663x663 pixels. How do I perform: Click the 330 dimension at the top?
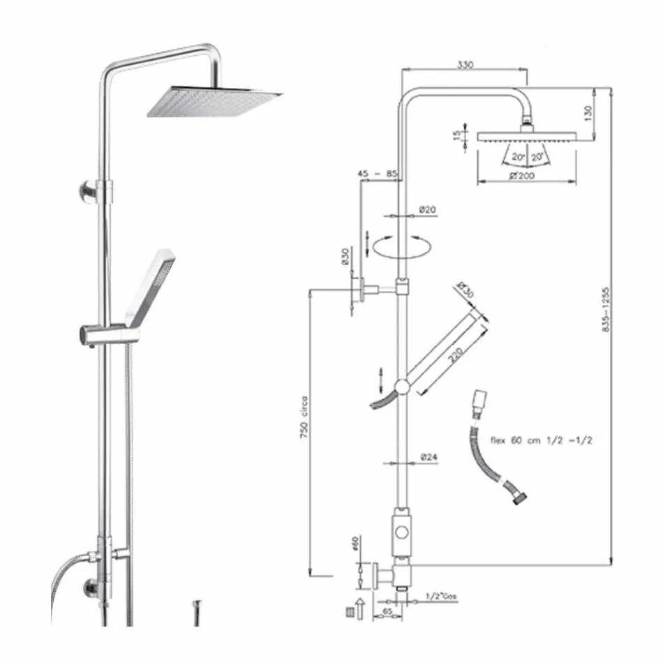pos(465,65)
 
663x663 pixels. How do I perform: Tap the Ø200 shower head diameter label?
pos(522,177)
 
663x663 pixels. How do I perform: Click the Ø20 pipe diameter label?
pos(427,209)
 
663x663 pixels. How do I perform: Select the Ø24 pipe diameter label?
pos(428,458)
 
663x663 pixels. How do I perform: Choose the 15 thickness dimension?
pos(457,135)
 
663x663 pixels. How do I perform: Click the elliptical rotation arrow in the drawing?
pos(401,246)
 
